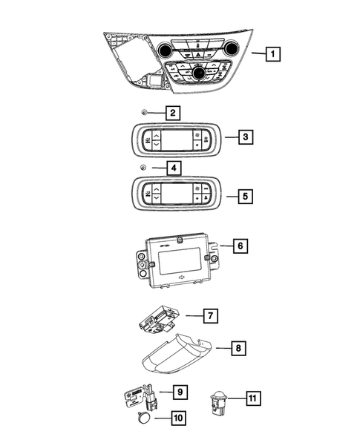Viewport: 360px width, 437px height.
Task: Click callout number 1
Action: point(274,53)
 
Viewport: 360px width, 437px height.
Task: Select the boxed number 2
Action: point(171,114)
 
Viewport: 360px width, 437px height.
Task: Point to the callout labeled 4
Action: point(171,168)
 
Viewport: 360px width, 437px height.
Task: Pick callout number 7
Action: point(211,316)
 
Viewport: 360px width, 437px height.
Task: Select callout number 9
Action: point(180,390)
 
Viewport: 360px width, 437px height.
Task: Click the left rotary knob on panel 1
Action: point(164,50)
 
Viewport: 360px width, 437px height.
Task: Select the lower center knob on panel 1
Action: point(198,72)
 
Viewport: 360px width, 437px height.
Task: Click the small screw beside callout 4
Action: point(142,168)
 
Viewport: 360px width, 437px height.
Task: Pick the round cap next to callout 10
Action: point(144,418)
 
